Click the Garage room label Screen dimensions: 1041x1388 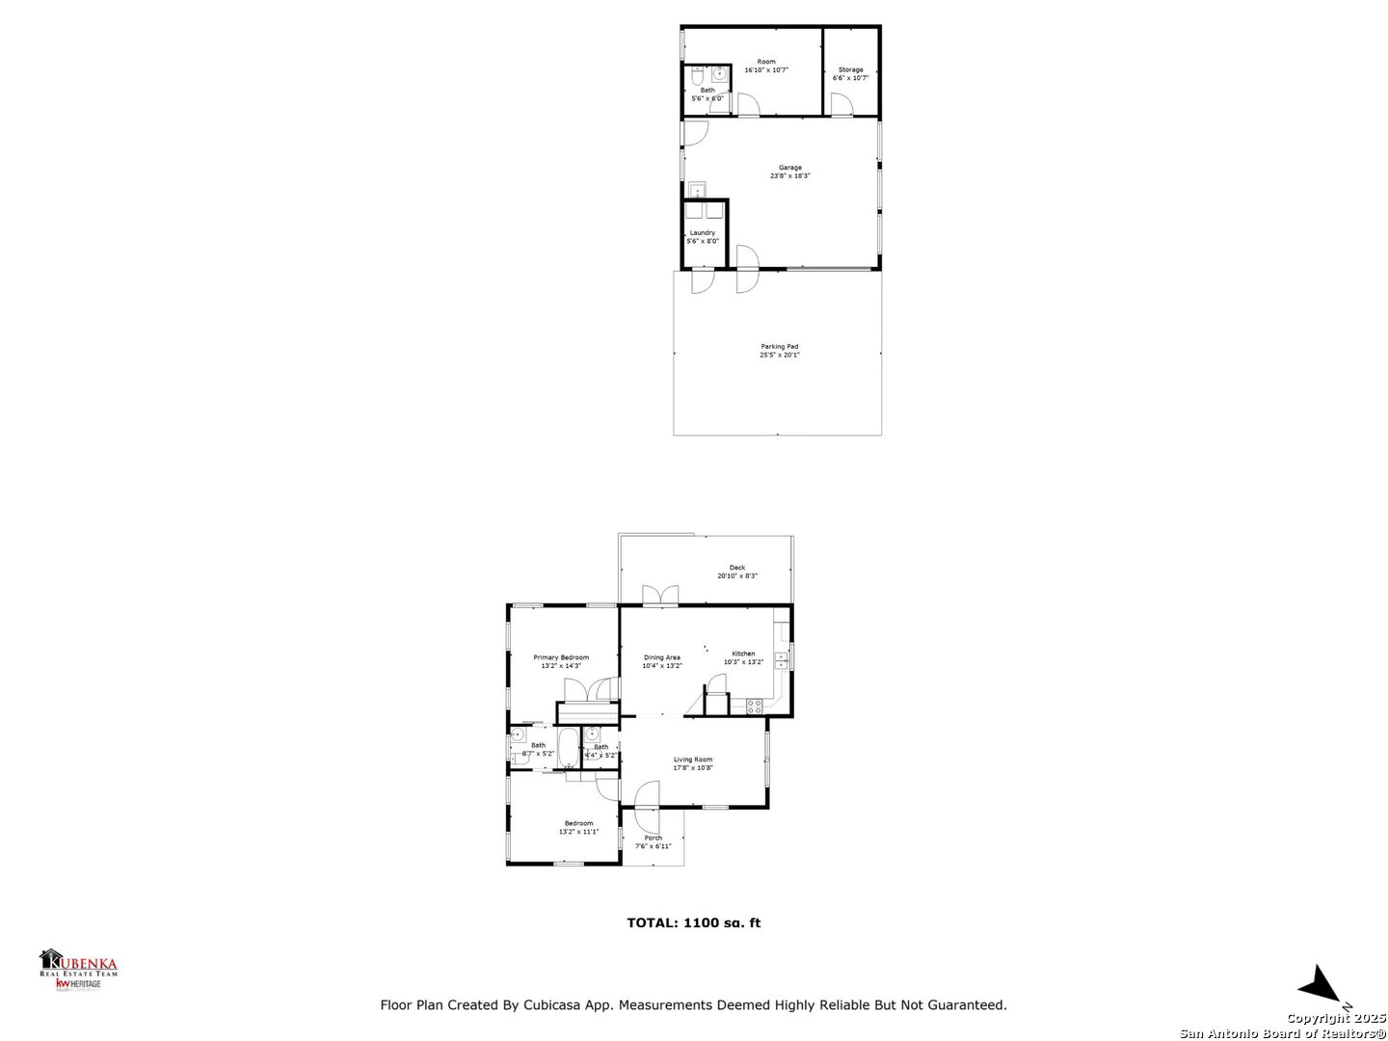click(x=789, y=168)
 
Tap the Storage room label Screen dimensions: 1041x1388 click(x=850, y=69)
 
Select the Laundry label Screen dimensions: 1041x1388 click(x=703, y=232)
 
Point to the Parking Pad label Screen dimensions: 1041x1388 click(x=779, y=347)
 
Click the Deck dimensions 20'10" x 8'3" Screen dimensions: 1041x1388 click(x=737, y=576)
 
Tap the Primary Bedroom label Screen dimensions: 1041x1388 click(x=561, y=657)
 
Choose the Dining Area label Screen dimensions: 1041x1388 click(x=662, y=657)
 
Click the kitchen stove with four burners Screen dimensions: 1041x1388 click(x=754, y=706)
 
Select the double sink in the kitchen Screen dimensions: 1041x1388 click(x=780, y=660)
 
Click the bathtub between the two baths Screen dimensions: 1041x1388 click(x=568, y=747)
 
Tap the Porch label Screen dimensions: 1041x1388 click(x=654, y=838)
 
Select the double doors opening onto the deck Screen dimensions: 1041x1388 click(x=660, y=595)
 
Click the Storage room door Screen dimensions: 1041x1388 click(x=841, y=105)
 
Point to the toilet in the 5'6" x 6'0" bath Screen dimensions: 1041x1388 click(x=698, y=73)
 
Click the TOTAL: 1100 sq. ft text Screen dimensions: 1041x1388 click(x=693, y=922)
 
